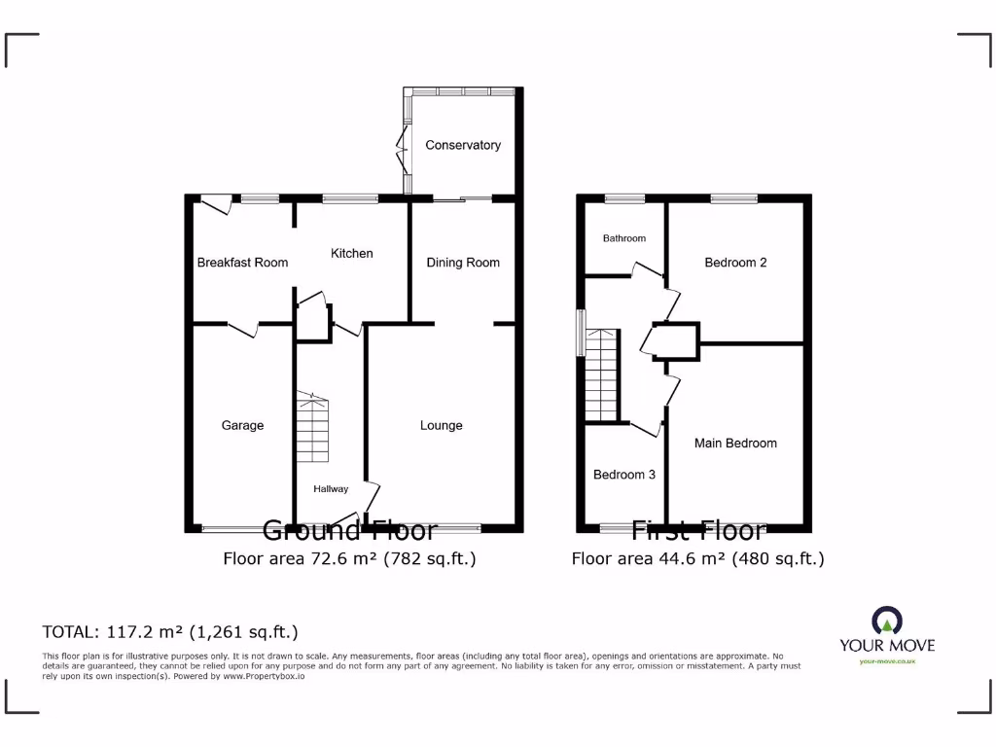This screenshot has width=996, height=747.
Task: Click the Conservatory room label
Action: point(463,145)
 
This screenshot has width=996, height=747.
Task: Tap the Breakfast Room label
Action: point(242,262)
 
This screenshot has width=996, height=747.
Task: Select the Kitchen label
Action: point(351,253)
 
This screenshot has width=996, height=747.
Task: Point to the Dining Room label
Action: point(463,262)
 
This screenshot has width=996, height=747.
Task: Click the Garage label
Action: point(242,425)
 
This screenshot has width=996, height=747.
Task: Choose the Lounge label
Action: point(441,425)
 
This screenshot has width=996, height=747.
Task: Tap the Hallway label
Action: point(330,489)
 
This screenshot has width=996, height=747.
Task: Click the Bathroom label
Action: point(623,238)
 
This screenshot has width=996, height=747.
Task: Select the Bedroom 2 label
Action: point(735,262)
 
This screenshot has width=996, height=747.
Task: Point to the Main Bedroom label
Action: point(735,443)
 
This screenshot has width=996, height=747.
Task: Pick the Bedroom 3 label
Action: point(623,475)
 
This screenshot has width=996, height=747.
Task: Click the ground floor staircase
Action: point(313,428)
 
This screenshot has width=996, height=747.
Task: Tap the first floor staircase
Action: point(603,374)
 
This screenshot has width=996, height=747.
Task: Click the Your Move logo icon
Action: point(886,621)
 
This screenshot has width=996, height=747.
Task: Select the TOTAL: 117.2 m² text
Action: point(170,631)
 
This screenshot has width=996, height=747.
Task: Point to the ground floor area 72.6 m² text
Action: point(349,558)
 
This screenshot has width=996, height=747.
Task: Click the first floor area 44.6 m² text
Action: point(697,558)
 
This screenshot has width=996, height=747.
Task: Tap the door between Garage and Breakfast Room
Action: point(243,328)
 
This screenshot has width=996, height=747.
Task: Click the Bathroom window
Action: point(623,198)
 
